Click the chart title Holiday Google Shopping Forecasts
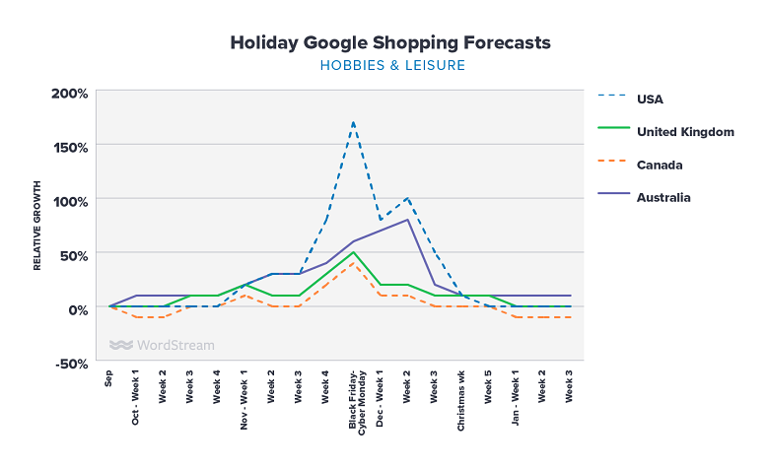[390, 43]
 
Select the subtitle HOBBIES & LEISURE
[391, 66]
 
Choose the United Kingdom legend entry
[685, 131]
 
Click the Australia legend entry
[663, 197]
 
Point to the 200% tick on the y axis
[70, 94]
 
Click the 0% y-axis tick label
[77, 308]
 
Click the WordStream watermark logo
[162, 346]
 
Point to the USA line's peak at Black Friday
[353, 122]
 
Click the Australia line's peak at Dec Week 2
[408, 220]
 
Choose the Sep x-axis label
[109, 380]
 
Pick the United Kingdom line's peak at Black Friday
[353, 252]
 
